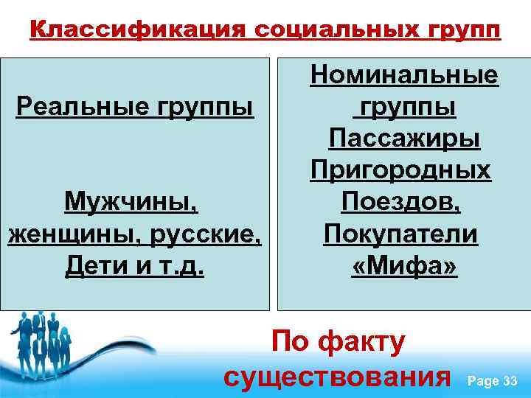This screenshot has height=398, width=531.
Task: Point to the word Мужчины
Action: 133,201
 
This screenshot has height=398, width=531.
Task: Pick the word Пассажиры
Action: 403,139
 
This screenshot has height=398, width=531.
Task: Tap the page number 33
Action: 510,380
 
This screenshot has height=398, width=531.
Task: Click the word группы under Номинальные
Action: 405,107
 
